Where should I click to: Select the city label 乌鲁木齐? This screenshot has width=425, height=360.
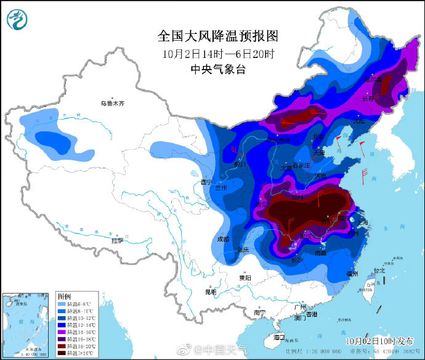click(x=117, y=104)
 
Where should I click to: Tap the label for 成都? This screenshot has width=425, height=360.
click(x=222, y=239)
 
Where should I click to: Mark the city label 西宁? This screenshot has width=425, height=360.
click(x=206, y=182)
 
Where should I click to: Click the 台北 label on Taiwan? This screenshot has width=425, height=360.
click(x=378, y=270)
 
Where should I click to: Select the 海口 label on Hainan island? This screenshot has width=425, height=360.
click(x=278, y=337)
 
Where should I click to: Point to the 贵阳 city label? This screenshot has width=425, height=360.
click(x=245, y=278)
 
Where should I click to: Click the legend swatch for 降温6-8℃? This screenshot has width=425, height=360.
click(x=62, y=304)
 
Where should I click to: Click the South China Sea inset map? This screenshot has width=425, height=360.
click(x=26, y=324)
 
